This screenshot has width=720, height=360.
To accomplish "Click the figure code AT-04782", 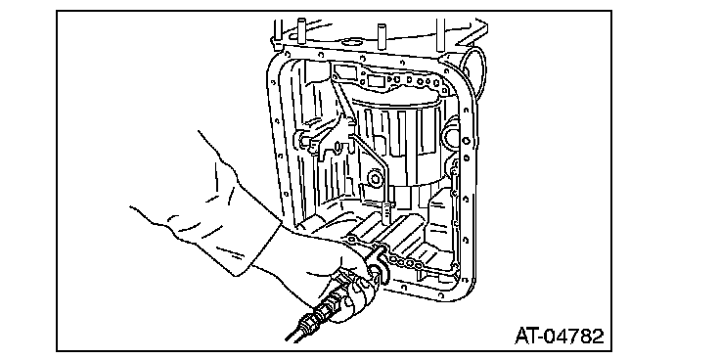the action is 559,337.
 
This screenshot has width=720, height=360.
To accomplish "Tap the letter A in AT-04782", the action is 521,337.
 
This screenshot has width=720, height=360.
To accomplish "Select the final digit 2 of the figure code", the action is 597,337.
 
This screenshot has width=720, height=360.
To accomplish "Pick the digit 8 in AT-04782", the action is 585,337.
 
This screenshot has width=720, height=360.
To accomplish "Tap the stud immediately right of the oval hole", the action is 382,36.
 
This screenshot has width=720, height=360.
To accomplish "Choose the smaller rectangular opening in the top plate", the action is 376,82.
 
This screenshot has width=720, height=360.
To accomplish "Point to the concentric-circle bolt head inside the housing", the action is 376,179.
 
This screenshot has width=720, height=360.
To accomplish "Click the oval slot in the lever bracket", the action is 338,147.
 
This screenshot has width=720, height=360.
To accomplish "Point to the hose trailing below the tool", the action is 297,329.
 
